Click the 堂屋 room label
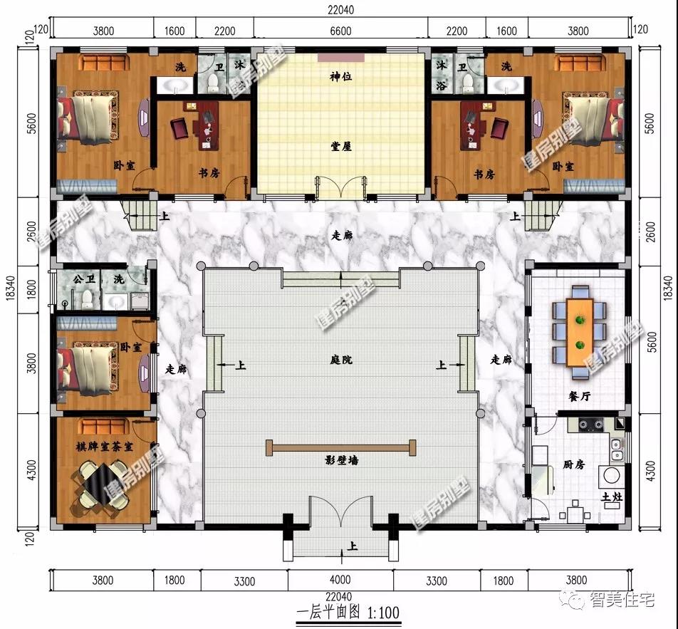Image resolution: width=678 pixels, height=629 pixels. pyautogui.click(x=340, y=146)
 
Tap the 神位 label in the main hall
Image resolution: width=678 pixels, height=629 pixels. pyautogui.click(x=340, y=76)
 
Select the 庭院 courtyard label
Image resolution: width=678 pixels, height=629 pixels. pyautogui.click(x=340, y=360)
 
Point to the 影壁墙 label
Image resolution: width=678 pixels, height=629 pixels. pyautogui.click(x=341, y=460)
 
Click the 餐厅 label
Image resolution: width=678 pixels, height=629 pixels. pyautogui.click(x=579, y=396)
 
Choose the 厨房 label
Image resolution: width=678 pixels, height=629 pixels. pyautogui.click(x=574, y=464)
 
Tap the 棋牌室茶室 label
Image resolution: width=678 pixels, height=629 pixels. pyautogui.click(x=104, y=447)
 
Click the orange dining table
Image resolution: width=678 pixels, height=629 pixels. pyautogui.click(x=580, y=332)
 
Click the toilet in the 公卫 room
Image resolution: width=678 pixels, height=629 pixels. pyautogui.click(x=88, y=299)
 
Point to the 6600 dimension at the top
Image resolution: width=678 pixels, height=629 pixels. pyautogui.click(x=340, y=31)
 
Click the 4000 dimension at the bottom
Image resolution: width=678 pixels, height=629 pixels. pyautogui.click(x=340, y=580)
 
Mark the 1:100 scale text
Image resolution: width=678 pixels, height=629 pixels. pyautogui.click(x=383, y=613)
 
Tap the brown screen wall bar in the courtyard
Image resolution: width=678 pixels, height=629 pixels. pyautogui.click(x=340, y=448)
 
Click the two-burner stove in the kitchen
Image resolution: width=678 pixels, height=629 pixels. pyautogui.click(x=591, y=425)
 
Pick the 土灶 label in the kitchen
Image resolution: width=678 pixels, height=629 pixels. pyautogui.click(x=612, y=497)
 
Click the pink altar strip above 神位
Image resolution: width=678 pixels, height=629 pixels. pyautogui.click(x=340, y=58)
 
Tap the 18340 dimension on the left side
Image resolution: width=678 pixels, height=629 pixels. pyautogui.click(x=11, y=287)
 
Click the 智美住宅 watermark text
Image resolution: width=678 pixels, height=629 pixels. pyautogui.click(x=622, y=599)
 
